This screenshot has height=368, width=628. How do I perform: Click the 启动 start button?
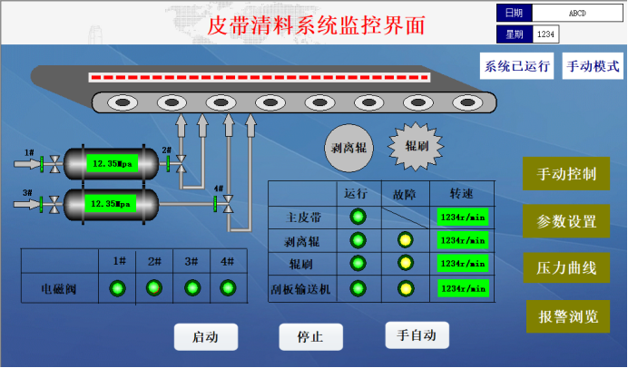(205, 337)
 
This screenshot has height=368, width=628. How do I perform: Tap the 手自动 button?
(417, 335)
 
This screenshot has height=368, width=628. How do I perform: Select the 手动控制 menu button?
(566, 174)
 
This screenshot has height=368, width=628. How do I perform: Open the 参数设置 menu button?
(566, 222)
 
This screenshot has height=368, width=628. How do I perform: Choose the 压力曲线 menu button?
(566, 268)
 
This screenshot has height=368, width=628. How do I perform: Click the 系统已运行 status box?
(517, 67)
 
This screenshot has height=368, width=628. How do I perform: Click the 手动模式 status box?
(592, 67)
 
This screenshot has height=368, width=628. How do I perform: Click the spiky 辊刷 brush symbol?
(416, 145)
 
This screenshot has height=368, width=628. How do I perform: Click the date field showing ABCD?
(577, 14)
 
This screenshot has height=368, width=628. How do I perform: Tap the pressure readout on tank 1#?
(113, 164)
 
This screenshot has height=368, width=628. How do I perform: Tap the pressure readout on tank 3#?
(113, 204)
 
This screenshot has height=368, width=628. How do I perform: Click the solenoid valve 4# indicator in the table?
(227, 288)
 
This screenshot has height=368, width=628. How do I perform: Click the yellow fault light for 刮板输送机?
(405, 288)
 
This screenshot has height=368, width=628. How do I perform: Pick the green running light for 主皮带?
(357, 217)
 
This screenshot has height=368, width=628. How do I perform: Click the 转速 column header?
(462, 194)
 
